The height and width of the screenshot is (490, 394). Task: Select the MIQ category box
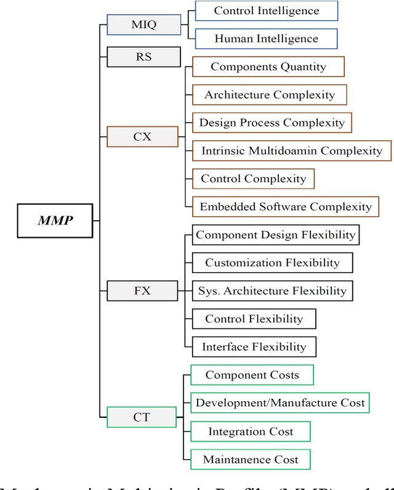pos(143,25)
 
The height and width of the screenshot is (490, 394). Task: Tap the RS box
pos(143,57)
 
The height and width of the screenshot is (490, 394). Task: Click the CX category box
pos(142,136)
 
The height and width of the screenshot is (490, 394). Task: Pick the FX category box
pos(142,290)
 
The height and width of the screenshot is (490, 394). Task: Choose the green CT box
pos(142,417)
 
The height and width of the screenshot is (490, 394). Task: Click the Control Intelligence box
pos(267,10)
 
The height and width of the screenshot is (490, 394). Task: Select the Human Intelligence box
pos(267,39)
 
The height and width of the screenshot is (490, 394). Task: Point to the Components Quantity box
pos(268,67)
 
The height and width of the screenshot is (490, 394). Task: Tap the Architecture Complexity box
pos(270,95)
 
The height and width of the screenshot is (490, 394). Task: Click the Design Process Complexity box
pos(272,123)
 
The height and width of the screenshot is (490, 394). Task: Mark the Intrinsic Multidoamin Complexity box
pos(291,150)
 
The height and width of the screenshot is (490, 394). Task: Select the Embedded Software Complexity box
pos(286,207)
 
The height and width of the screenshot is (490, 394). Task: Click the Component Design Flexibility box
pos(275,235)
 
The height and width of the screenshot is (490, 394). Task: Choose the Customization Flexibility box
pos(272,263)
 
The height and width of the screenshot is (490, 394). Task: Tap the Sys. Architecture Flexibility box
pos(272,291)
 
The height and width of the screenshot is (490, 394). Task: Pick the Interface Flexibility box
pos(254,347)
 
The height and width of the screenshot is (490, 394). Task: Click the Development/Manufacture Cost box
pos(280,403)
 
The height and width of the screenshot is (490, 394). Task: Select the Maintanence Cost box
pos(251,460)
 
